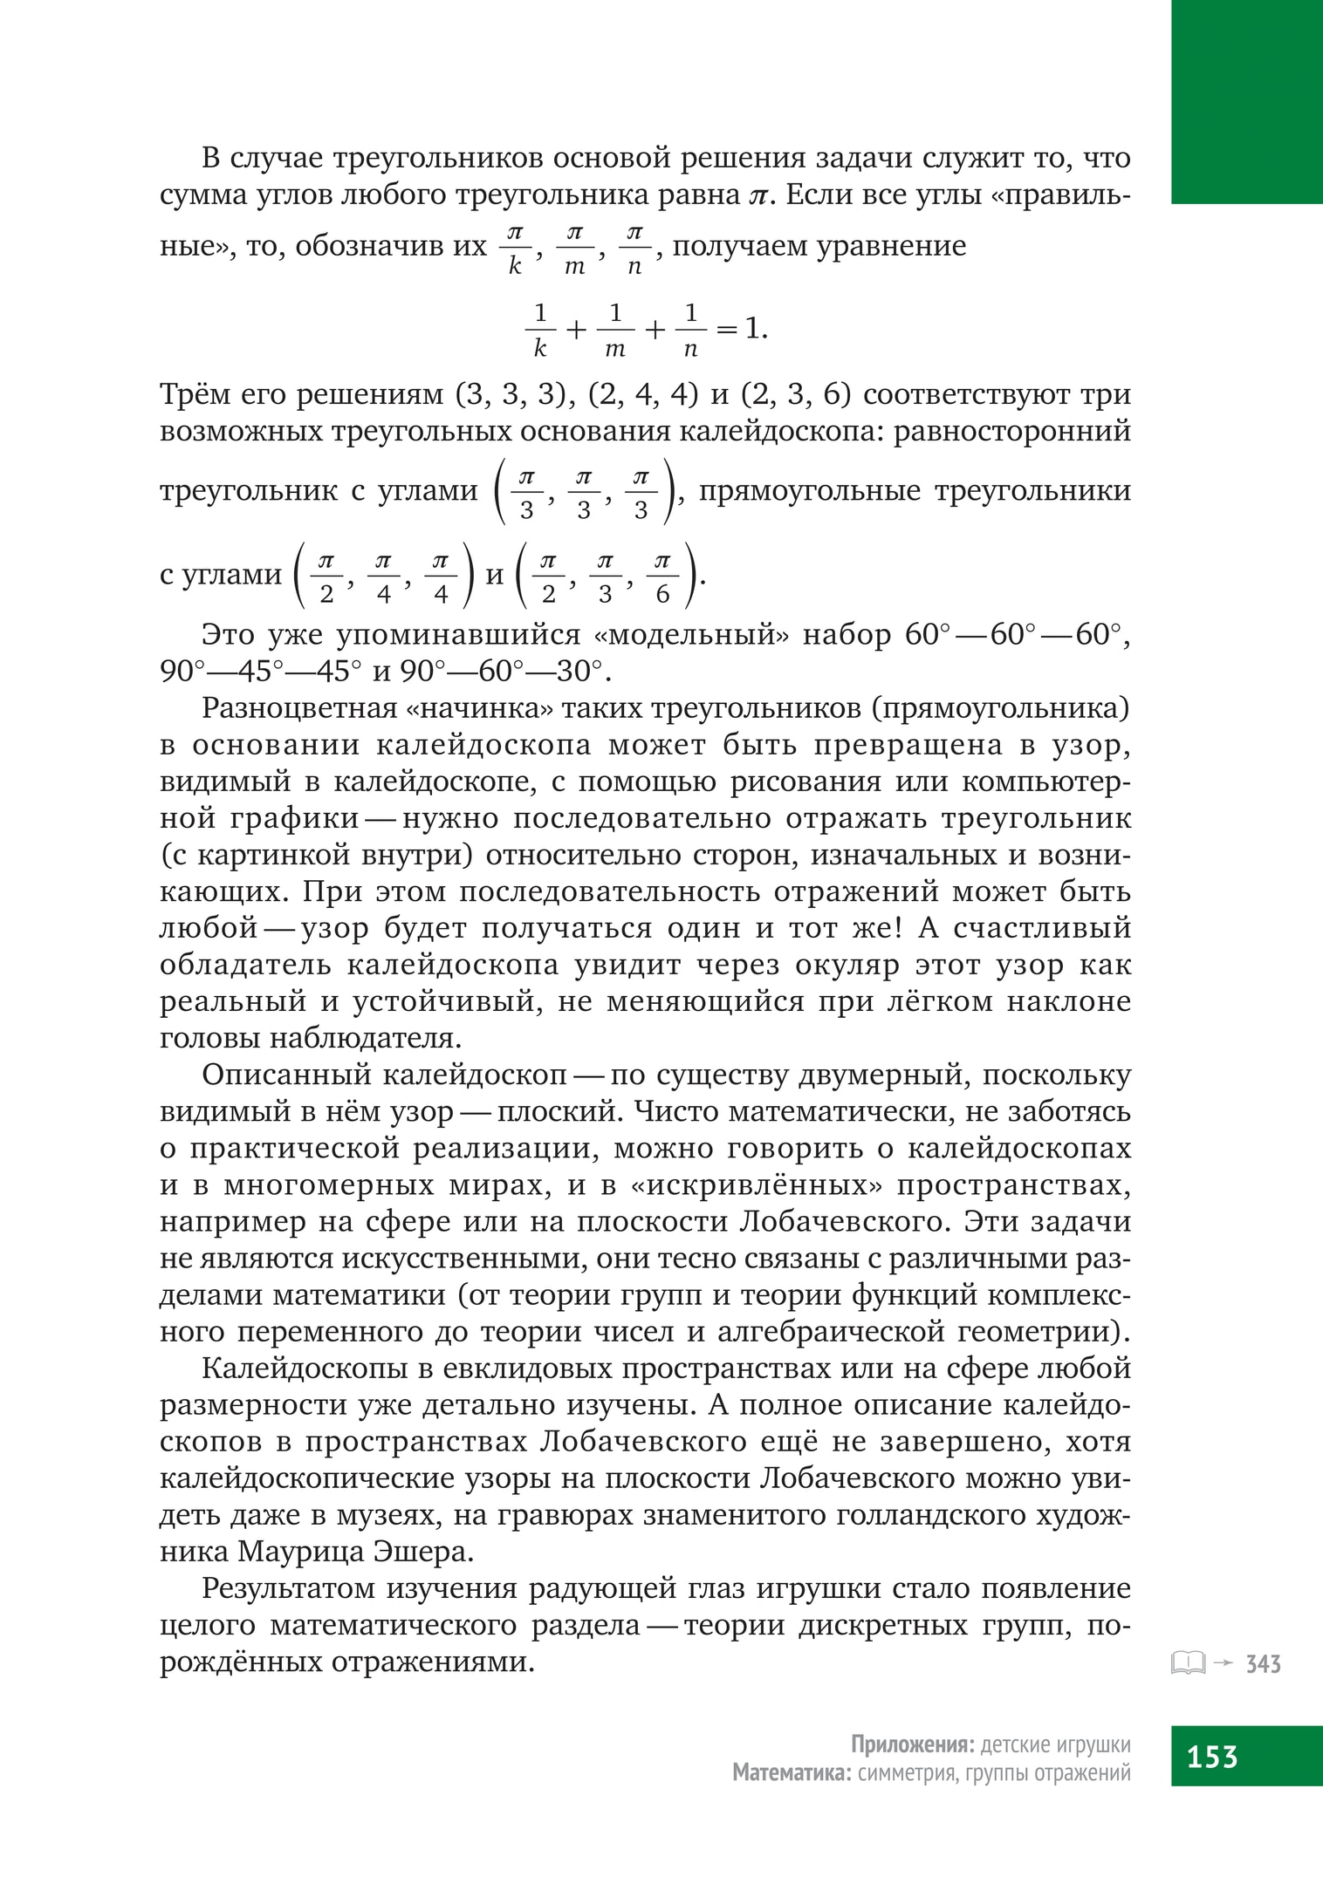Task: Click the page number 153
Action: pos(1212,1755)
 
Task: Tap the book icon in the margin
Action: pos(1188,1664)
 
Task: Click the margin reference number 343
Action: pos(1263,1664)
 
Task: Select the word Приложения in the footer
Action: pos(912,1745)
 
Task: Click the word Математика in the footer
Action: pos(792,1772)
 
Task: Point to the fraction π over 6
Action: pos(662,577)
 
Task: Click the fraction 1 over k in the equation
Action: pos(540,331)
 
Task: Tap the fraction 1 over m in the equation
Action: pos(615,331)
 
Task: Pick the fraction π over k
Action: pos(515,249)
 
